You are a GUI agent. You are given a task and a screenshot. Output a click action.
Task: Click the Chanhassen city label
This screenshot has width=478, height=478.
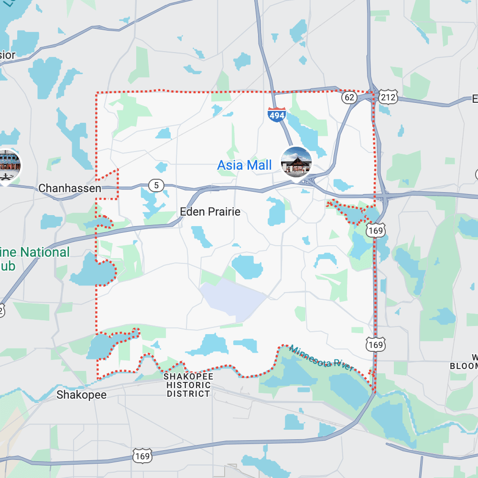[70, 188]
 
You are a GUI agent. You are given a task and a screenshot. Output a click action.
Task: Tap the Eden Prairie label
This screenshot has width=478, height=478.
[210, 212]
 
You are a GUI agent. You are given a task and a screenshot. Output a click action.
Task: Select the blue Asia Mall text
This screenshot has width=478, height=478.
[244, 165]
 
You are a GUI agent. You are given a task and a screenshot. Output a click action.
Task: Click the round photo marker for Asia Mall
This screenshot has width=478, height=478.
[296, 163]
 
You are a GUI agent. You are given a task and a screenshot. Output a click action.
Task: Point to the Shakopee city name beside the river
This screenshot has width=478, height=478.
[81, 395]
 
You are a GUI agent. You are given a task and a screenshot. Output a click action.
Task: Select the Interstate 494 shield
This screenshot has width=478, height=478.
[277, 115]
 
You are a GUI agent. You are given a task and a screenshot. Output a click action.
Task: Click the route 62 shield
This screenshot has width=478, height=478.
[349, 98]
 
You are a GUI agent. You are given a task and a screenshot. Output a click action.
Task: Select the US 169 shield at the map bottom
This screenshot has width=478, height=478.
[142, 456]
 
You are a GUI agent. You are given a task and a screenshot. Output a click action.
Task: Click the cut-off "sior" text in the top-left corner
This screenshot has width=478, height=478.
[7, 55]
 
